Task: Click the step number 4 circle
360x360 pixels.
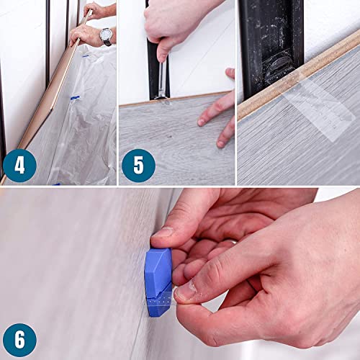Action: click(19, 166)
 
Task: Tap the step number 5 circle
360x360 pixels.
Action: click(138, 166)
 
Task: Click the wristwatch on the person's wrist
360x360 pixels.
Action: click(106, 36)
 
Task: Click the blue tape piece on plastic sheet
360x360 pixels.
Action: click(74, 98)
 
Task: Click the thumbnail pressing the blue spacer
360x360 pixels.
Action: click(163, 233)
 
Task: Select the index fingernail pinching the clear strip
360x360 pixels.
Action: click(185, 291)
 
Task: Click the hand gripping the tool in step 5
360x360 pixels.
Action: click(173, 25)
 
